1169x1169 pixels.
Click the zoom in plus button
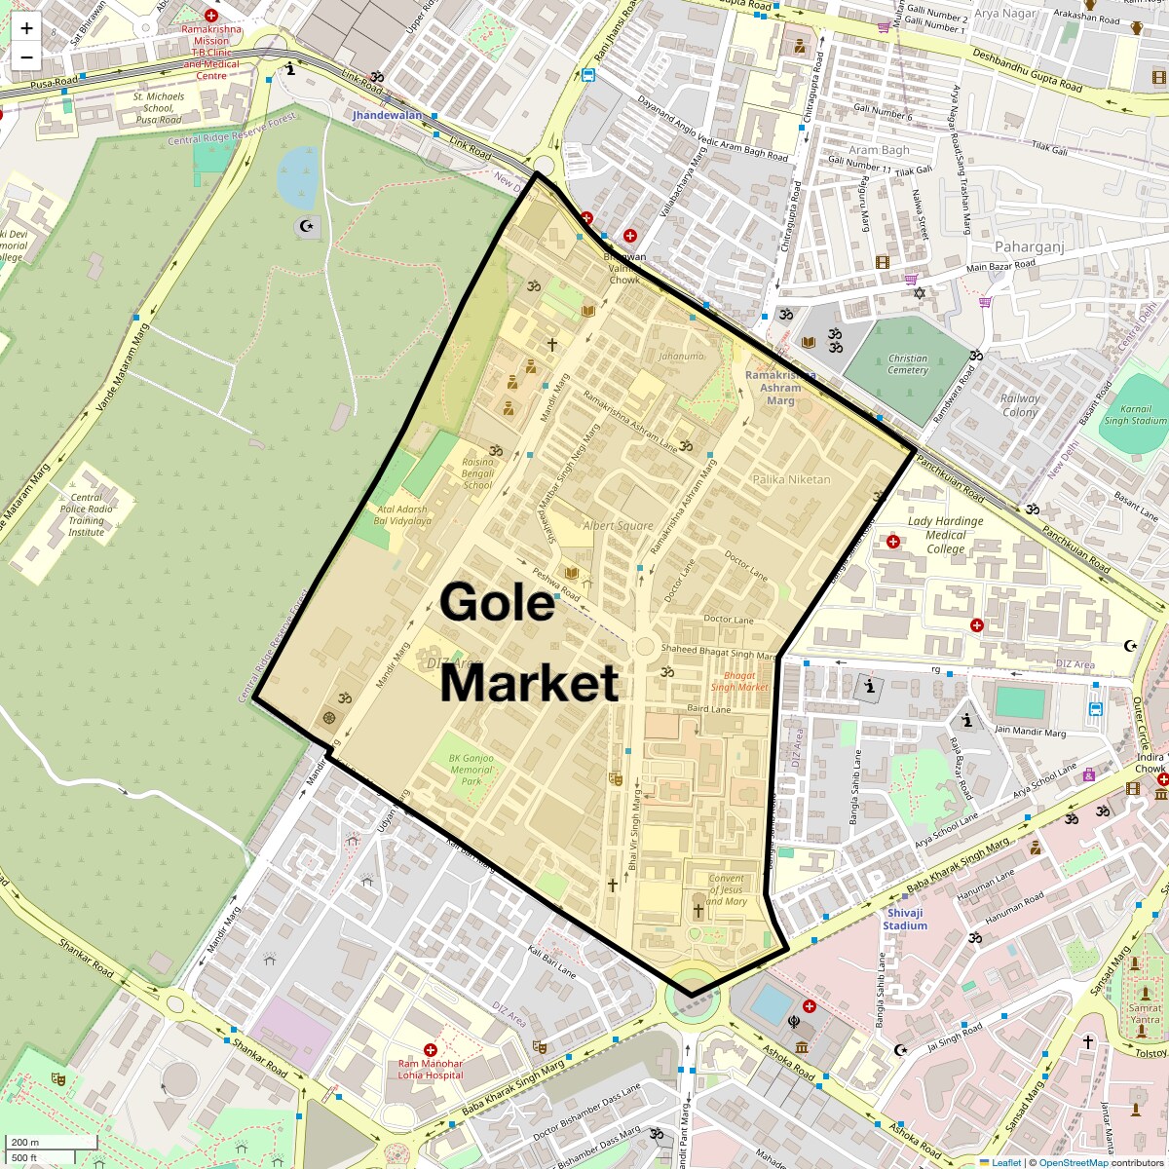pos(26,28)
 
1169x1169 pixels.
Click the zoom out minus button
pos(26,57)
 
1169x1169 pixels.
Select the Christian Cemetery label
pos(908,364)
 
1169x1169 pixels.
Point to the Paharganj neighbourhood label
pos(1029,247)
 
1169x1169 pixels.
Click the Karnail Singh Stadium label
pos(1135,415)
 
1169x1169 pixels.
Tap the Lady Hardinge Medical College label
pos(945,535)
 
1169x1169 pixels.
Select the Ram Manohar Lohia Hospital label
pos(431,1070)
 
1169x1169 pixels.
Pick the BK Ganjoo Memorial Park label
pos(471,770)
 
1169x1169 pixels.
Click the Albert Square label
pos(618,526)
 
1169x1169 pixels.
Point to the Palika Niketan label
pos(791,479)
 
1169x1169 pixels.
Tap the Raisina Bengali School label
pos(477,473)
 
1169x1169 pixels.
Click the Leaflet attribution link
pos(1006,1162)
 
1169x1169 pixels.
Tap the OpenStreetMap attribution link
pos(1074,1162)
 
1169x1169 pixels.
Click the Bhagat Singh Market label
pos(739,681)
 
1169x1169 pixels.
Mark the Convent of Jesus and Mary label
pos(727,889)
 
